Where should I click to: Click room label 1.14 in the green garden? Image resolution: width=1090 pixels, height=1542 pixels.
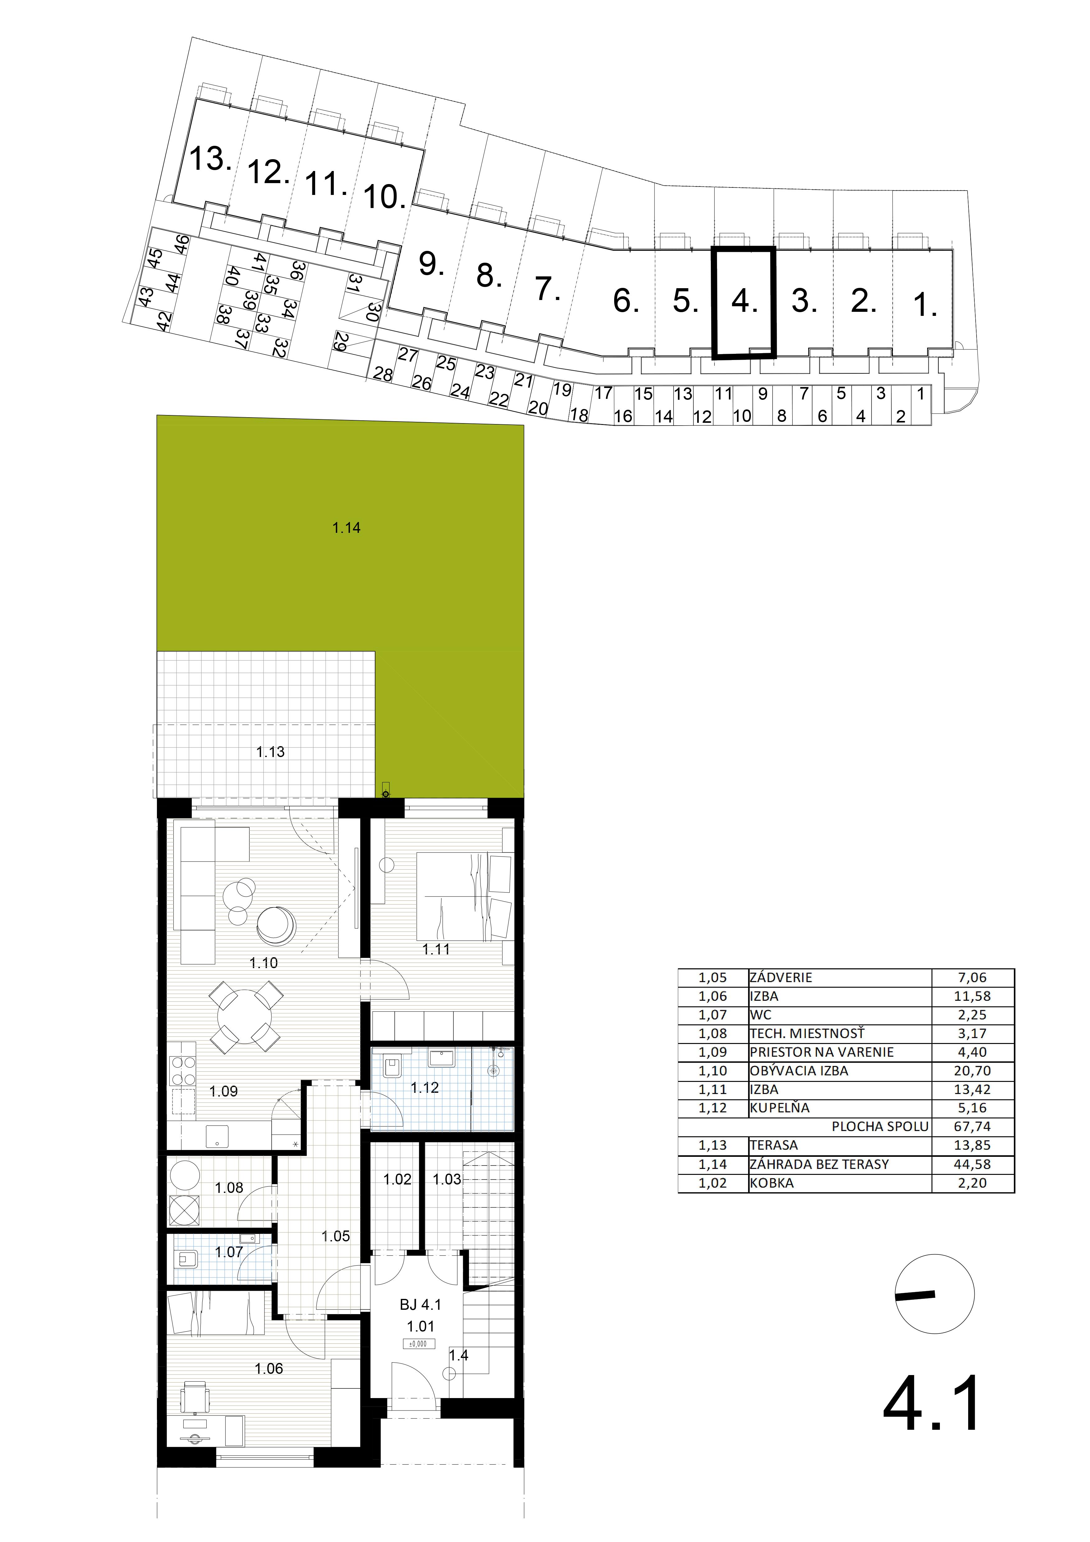click(347, 528)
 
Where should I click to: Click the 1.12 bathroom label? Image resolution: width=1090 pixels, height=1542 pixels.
click(425, 1087)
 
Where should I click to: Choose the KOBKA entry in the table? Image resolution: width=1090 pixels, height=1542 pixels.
click(772, 1183)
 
